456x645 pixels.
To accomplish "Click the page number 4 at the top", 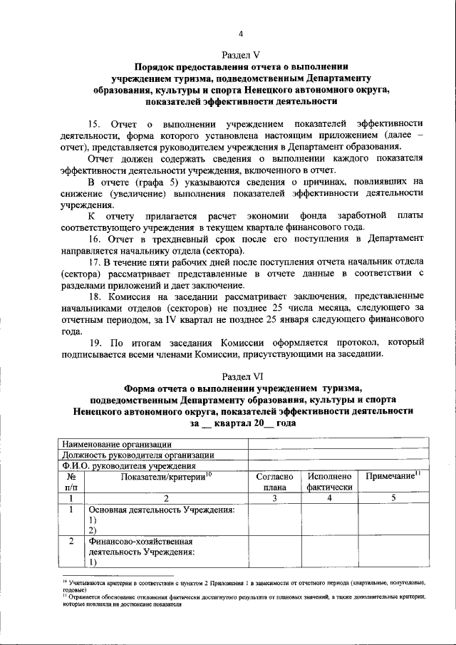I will (x=241, y=33).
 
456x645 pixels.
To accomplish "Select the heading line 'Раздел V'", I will (x=241, y=54).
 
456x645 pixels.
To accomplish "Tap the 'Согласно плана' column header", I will (x=274, y=483).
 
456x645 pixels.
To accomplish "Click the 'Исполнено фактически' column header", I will (x=330, y=483).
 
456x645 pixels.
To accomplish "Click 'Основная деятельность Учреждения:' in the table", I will (x=161, y=510).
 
